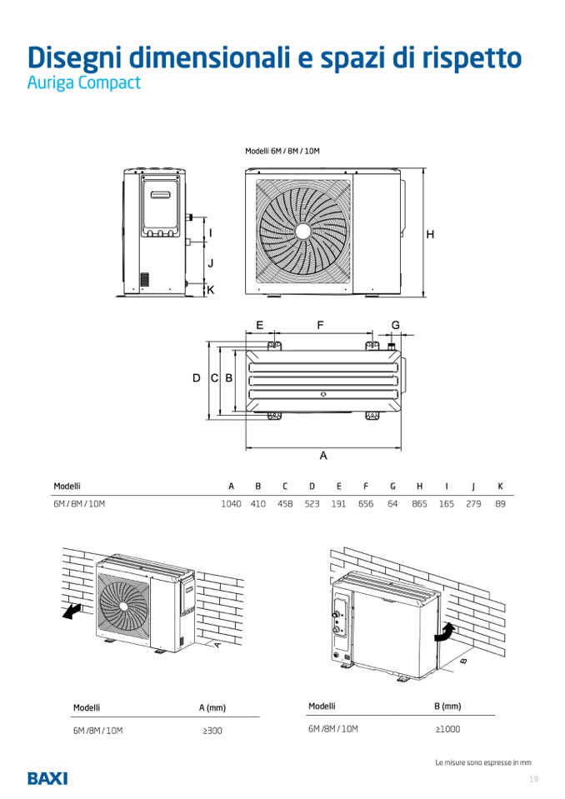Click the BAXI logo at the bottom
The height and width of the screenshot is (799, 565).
click(47, 778)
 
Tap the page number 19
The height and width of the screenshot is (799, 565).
click(533, 779)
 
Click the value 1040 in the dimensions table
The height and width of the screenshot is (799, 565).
click(231, 504)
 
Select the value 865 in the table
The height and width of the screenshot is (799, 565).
click(419, 504)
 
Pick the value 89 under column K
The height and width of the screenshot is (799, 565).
click(500, 504)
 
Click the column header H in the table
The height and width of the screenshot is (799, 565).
click(419, 486)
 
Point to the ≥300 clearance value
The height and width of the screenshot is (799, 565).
click(212, 731)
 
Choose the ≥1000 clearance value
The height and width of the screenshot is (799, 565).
click(447, 729)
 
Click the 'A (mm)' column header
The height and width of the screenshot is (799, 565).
click(212, 708)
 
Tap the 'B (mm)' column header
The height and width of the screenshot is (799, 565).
click(447, 707)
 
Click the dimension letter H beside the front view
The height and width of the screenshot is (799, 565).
click(430, 235)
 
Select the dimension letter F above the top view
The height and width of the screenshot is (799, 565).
click(320, 326)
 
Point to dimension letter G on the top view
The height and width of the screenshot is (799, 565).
click(396, 325)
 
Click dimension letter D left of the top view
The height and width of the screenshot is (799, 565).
click(197, 378)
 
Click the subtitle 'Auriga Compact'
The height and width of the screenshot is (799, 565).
click(83, 84)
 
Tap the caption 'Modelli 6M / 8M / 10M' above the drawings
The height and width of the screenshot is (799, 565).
click(282, 152)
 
